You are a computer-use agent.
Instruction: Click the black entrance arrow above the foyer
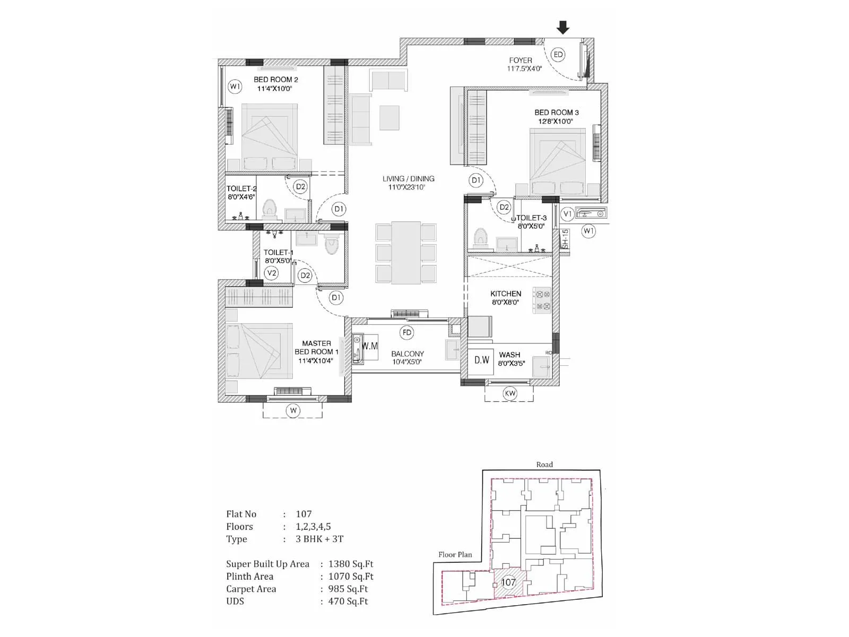pyautogui.click(x=563, y=28)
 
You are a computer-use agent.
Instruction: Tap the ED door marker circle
pyautogui.click(x=558, y=55)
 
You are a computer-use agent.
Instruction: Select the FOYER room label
pyautogui.click(x=520, y=61)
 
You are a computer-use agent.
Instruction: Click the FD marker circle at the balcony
pyautogui.click(x=407, y=333)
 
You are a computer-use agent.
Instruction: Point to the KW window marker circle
pyautogui.click(x=509, y=393)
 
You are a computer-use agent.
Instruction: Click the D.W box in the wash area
pyautogui.click(x=482, y=360)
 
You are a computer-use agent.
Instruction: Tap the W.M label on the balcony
pyautogui.click(x=370, y=346)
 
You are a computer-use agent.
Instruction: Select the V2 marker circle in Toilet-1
pyautogui.click(x=272, y=273)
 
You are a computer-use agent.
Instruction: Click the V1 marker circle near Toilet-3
pyautogui.click(x=567, y=214)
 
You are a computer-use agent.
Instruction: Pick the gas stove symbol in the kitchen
pyautogui.click(x=542, y=300)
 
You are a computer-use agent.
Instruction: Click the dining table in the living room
pyautogui.click(x=406, y=253)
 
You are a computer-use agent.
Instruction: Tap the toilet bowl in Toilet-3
pyautogui.click(x=481, y=237)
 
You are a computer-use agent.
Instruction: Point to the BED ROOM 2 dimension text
pyautogui.click(x=274, y=89)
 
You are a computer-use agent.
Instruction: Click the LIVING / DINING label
pyautogui.click(x=408, y=179)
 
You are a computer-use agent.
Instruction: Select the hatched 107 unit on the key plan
pyautogui.click(x=508, y=582)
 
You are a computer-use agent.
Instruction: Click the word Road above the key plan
pyautogui.click(x=544, y=464)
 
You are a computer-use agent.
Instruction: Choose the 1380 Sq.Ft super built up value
pyautogui.click(x=351, y=564)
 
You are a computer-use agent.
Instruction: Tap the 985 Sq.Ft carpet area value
pyautogui.click(x=348, y=589)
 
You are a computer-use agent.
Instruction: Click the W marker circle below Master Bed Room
pyautogui.click(x=293, y=410)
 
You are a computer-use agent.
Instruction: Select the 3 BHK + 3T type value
pyautogui.click(x=319, y=539)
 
